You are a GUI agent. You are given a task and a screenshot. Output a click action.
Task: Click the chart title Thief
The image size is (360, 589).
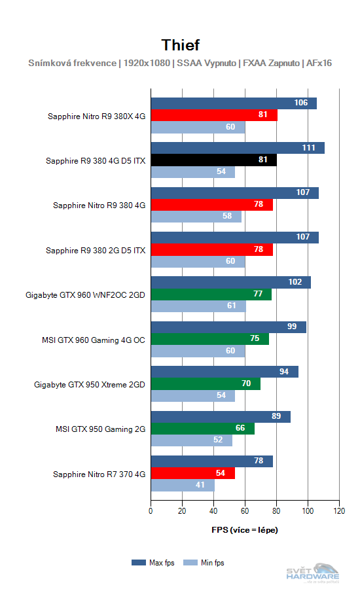[x=180, y=45]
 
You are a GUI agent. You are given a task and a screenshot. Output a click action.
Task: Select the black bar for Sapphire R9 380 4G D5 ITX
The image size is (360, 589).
[x=213, y=160]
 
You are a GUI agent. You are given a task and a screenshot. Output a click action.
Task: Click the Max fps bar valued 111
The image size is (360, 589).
[x=238, y=148]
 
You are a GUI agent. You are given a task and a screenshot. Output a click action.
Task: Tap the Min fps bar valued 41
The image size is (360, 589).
[x=183, y=486]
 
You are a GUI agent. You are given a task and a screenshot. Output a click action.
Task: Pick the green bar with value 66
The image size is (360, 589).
[x=202, y=428]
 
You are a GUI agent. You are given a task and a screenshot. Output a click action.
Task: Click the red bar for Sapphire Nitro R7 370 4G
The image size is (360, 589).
[x=193, y=473]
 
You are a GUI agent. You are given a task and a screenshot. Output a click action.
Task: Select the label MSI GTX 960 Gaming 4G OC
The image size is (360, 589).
[x=93, y=340]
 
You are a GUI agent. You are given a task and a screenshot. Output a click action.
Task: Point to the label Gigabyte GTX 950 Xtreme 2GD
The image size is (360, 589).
[x=90, y=384]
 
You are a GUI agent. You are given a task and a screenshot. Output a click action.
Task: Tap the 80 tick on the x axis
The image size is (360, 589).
[x=276, y=510]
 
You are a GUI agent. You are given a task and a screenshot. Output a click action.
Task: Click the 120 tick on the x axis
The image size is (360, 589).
[x=339, y=510]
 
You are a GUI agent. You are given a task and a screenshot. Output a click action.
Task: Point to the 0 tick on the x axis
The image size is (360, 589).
[x=151, y=510]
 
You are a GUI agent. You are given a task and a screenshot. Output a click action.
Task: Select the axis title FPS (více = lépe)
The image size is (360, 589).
[x=245, y=529]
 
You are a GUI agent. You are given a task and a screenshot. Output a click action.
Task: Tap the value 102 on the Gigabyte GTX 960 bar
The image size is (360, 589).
[x=295, y=282]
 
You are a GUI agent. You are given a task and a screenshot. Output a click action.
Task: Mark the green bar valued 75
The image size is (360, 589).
[x=209, y=339]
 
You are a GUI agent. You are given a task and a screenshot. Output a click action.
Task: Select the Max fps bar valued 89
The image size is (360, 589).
[x=221, y=416]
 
